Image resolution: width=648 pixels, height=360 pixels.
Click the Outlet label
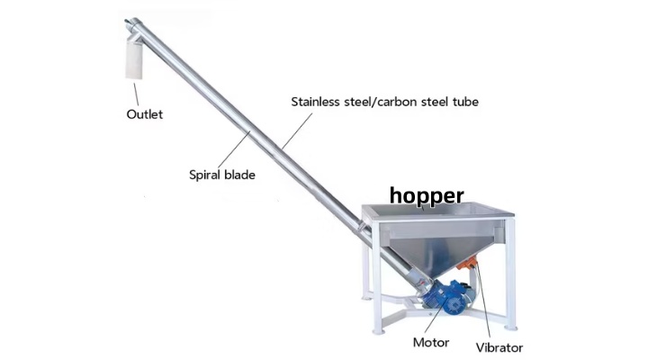[x=145, y=114]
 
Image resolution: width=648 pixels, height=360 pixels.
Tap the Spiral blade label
[x=222, y=175]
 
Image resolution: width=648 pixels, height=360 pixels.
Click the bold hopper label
[x=427, y=196]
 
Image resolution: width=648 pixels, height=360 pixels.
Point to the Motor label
[x=431, y=342]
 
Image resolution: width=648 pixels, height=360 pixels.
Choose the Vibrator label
[x=499, y=347]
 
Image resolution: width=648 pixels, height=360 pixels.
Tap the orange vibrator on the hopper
[x=467, y=263]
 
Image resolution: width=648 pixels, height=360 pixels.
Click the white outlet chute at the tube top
[x=134, y=60]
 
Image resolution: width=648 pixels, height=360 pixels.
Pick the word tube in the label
[x=465, y=102]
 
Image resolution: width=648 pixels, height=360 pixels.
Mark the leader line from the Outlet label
[x=136, y=94]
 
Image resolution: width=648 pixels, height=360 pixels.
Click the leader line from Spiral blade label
[x=233, y=149]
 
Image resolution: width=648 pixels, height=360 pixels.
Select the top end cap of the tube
[x=132, y=23]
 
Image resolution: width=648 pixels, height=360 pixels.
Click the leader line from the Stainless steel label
[x=297, y=130]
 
